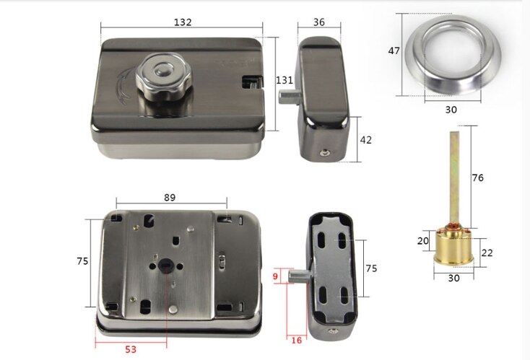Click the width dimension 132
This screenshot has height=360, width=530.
[x=183, y=22]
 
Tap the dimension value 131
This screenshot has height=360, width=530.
[x=284, y=81]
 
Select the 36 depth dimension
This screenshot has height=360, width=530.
[x=318, y=22]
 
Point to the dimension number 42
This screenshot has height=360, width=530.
[x=365, y=139]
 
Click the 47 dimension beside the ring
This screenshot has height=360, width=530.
[x=394, y=51]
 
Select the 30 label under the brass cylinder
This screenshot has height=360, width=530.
[x=455, y=277]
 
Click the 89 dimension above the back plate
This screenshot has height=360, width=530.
[x=170, y=197]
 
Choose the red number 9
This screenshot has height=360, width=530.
[x=274, y=275]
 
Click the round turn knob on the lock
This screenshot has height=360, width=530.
[x=160, y=75]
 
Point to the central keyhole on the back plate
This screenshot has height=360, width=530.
[x=166, y=265]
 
